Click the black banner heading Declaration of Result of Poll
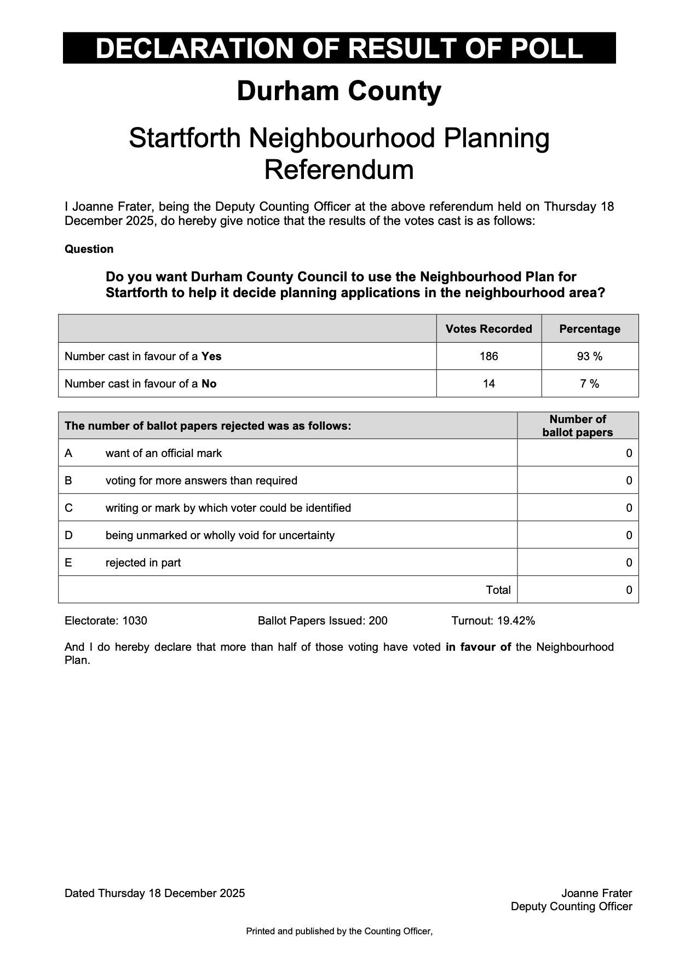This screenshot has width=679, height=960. (339, 48)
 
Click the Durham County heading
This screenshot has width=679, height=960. (339, 91)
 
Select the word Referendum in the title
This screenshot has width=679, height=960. (339, 170)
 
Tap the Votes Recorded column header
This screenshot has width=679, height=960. (488, 329)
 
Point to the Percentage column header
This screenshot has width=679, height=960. (590, 329)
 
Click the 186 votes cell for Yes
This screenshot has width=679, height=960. (488, 356)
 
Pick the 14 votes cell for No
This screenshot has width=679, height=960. (488, 384)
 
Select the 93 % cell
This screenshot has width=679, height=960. (590, 356)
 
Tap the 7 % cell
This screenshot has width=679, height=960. (590, 384)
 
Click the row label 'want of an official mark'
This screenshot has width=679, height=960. (164, 453)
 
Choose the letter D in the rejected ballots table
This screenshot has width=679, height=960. (68, 535)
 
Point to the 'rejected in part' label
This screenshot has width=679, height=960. (143, 563)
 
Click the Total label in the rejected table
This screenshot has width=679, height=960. (498, 590)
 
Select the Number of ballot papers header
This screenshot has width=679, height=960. (578, 426)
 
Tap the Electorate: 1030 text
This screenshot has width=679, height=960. (106, 621)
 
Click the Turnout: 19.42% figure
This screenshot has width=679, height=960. (493, 621)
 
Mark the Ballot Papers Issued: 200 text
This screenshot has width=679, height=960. (323, 621)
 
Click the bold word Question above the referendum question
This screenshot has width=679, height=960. (89, 249)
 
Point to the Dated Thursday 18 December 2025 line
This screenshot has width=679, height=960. (154, 893)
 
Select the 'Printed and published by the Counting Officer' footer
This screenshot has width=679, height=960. (339, 931)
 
